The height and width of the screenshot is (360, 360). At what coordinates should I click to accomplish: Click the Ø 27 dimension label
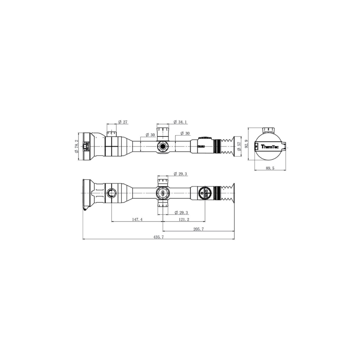point(123,122)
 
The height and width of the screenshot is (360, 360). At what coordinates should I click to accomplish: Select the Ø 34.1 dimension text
point(180,122)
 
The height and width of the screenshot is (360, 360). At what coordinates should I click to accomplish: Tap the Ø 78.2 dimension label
point(76,146)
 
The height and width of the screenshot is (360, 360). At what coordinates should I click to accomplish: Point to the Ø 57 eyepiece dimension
point(239,146)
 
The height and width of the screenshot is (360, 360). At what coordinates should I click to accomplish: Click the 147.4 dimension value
point(137,219)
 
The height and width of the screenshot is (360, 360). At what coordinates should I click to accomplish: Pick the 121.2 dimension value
point(184,219)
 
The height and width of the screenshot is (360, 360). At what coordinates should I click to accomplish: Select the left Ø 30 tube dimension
point(150,135)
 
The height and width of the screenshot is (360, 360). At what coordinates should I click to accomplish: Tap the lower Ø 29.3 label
point(180,212)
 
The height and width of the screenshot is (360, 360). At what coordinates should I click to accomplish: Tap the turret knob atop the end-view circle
point(269,130)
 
